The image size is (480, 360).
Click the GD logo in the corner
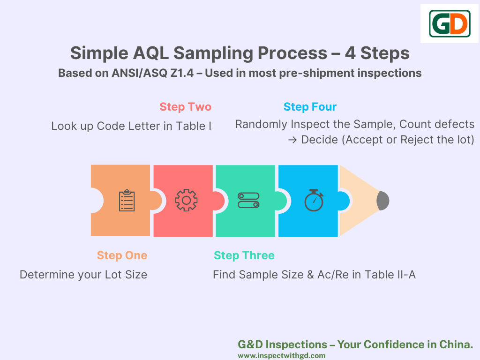pyautogui.click(x=450, y=23)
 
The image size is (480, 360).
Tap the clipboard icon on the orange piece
pyautogui.click(x=127, y=200)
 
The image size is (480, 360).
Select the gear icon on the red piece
pyautogui.click(x=186, y=200)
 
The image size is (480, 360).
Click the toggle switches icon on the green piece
pyautogui.click(x=248, y=200)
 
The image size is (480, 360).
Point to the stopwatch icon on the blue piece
pyautogui.click(x=314, y=200)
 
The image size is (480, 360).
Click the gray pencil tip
pyautogui.click(x=383, y=201)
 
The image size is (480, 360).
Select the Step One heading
pyautogui.click(x=122, y=255)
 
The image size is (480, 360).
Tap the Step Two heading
pyautogui.click(x=185, y=107)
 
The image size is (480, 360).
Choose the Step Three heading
pyautogui.click(x=244, y=255)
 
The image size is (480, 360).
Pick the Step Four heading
pyautogui.click(x=310, y=107)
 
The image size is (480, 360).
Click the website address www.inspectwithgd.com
pyautogui.click(x=281, y=356)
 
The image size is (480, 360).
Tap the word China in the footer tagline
pyautogui.click(x=456, y=345)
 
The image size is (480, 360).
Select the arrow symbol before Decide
pyautogui.click(x=292, y=140)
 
